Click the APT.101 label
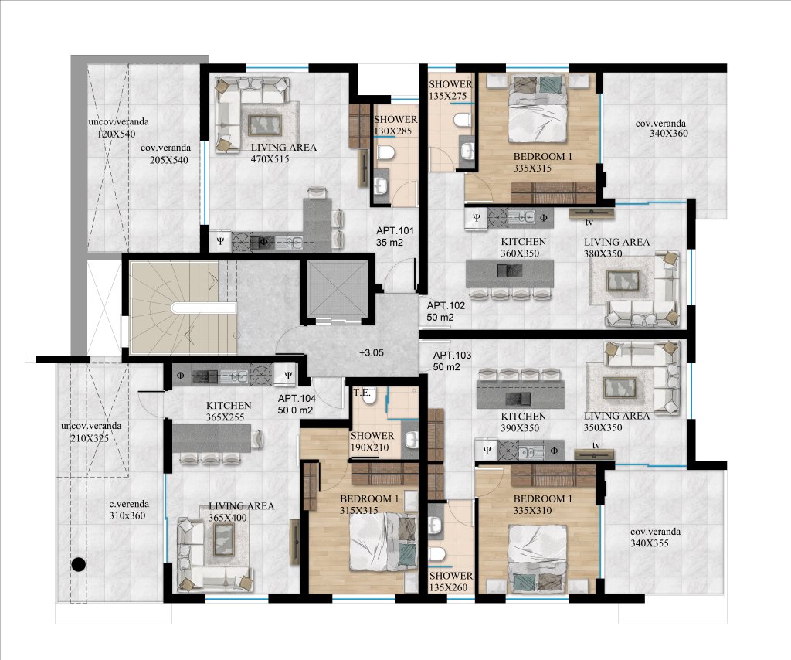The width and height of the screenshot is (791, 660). [x=395, y=230]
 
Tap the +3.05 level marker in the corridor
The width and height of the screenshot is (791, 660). [x=372, y=352]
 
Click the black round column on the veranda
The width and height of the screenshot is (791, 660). [x=78, y=564]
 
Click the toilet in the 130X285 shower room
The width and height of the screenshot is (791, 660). [x=385, y=152]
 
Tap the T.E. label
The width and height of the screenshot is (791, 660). [x=362, y=393]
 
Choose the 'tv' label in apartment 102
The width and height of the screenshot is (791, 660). [x=589, y=222]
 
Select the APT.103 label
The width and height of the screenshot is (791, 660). [x=452, y=356]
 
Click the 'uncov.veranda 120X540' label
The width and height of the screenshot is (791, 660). [x=118, y=128]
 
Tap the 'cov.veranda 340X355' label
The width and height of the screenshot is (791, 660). [x=655, y=537]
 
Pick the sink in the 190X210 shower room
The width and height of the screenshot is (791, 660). [x=412, y=440]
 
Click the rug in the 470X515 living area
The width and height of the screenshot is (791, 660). [x=265, y=123]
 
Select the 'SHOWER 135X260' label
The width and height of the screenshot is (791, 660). [x=451, y=581]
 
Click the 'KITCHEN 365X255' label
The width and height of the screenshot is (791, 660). [x=229, y=411]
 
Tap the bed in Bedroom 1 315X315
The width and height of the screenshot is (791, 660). [x=383, y=542]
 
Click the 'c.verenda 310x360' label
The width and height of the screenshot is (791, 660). [x=129, y=509]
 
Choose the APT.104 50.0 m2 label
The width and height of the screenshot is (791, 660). [x=297, y=404]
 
